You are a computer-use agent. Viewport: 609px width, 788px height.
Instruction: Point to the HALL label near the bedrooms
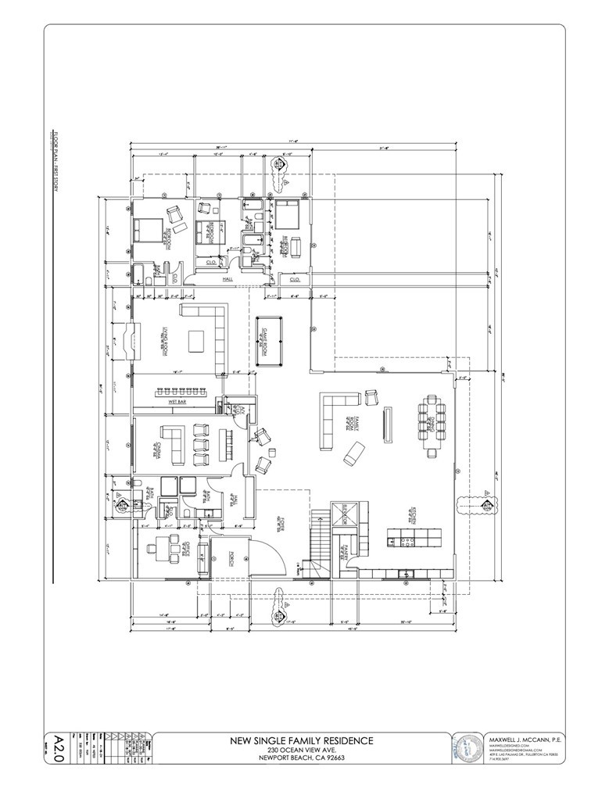pyautogui.click(x=228, y=278)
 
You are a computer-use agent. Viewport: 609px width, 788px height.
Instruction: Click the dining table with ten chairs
pyautogui.click(x=432, y=424)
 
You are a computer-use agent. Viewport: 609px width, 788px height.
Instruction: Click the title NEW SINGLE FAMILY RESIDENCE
pyautogui.click(x=300, y=740)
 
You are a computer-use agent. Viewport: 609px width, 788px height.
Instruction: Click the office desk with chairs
pyautogui.click(x=167, y=547)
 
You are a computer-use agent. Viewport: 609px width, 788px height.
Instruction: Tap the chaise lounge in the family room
pyautogui.click(x=353, y=452)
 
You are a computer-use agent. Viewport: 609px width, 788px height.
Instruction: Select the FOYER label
pyautogui.click(x=278, y=526)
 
